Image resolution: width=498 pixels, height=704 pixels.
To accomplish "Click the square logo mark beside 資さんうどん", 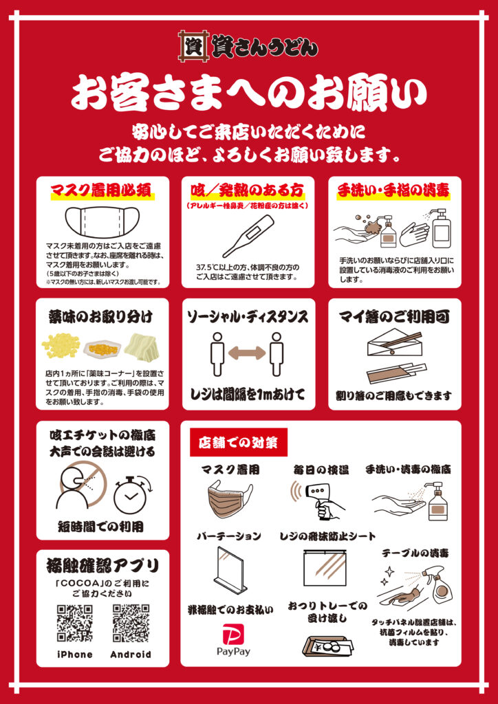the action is coord(191,45).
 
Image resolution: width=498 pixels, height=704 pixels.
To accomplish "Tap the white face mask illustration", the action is coord(102,223).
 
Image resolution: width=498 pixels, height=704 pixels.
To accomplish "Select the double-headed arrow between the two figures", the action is coord(248,353).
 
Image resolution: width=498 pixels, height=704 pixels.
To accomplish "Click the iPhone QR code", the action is coord(74,623).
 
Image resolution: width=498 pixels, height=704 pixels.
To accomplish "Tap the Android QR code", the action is coord(131,623).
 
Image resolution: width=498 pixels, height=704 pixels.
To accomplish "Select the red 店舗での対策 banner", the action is coord(239,442).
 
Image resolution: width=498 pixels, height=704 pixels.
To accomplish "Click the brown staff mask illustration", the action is coord(230,497).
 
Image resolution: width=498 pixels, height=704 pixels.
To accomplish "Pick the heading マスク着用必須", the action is coord(103,192).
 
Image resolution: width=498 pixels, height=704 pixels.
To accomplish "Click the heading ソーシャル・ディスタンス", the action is coord(248,316).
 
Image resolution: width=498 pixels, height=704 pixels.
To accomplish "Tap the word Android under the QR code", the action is coord(131,654).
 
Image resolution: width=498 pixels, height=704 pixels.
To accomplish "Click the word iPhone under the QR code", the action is coord(74,654).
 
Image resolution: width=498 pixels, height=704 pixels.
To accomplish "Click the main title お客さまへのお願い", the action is coord(248,93).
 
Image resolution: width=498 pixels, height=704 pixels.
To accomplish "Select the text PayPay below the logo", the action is coord(233,652).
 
